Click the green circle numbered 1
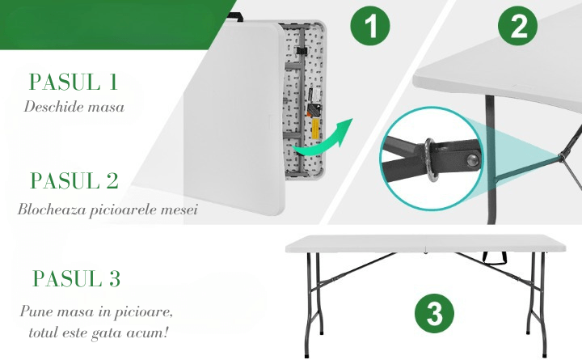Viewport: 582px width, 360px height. (370, 26)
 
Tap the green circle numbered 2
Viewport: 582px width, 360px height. (517, 25)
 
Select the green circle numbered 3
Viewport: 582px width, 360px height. (434, 313)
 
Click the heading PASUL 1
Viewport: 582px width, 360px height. (74, 82)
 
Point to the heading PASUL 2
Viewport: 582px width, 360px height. (74, 181)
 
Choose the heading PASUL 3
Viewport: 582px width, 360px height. (77, 278)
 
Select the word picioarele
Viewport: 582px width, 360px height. (118, 210)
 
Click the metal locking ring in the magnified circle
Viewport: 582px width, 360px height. (431, 160)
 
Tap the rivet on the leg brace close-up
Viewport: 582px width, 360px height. (473, 161)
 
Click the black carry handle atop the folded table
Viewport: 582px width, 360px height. (235, 16)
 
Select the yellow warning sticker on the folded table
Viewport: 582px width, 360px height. (314, 129)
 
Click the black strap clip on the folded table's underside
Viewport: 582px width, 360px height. (302, 51)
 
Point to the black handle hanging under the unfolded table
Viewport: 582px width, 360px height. (495, 257)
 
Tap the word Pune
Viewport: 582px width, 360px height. (36, 311)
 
